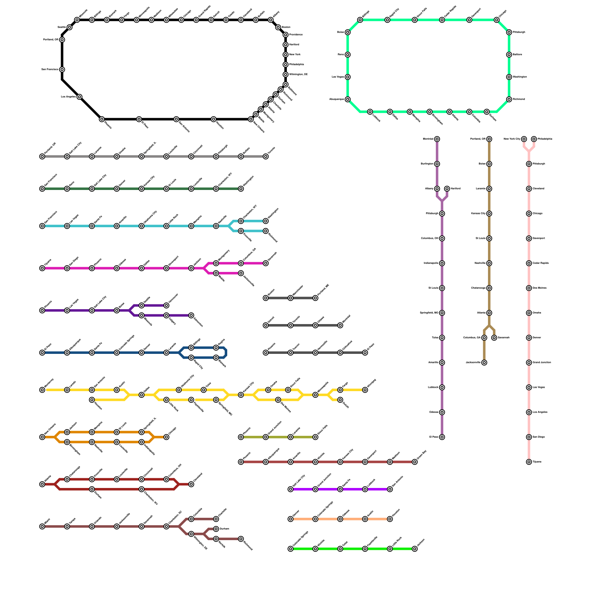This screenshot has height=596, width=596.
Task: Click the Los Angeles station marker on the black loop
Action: [x=79, y=97]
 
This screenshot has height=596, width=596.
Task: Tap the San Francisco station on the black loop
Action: [x=62, y=70]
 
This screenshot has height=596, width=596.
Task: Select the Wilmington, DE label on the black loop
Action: [x=298, y=74]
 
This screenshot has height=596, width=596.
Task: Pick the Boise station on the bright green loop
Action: [x=348, y=32]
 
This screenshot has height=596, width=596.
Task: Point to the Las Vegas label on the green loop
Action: [x=338, y=77]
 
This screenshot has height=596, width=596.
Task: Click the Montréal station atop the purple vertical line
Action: [x=437, y=139]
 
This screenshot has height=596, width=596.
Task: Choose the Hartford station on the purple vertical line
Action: [x=447, y=189]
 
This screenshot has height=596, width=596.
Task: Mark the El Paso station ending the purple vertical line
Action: [x=442, y=437]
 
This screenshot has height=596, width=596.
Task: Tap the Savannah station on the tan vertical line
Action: [x=494, y=338]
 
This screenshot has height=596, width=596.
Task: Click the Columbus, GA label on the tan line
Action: [x=472, y=338]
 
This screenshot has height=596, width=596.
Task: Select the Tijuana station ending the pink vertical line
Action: [x=529, y=462]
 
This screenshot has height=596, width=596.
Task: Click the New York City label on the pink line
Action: [x=512, y=139]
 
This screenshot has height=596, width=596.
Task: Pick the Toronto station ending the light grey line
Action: [x=266, y=156]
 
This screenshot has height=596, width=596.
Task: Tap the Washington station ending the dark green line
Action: [x=241, y=189]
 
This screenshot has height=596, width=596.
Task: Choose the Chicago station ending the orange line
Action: [x=167, y=437]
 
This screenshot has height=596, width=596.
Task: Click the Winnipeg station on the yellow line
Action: [x=365, y=390]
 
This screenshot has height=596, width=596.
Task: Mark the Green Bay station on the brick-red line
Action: [x=415, y=462]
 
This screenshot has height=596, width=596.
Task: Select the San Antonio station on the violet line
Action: [x=390, y=489]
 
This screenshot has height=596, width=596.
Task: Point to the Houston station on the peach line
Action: [x=390, y=519]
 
